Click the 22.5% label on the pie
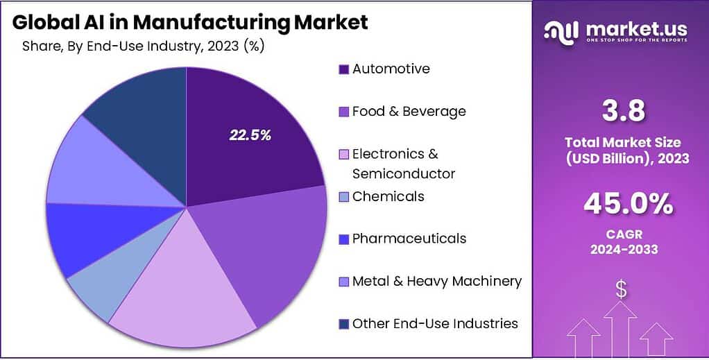(250, 135)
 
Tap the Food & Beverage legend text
(409, 111)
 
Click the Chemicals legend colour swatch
(343, 197)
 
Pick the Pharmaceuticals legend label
(409, 239)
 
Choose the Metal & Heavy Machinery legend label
(436, 281)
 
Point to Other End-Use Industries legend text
(435, 323)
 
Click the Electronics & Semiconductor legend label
(403, 163)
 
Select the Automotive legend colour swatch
(343, 69)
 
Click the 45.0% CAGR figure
(627, 203)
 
